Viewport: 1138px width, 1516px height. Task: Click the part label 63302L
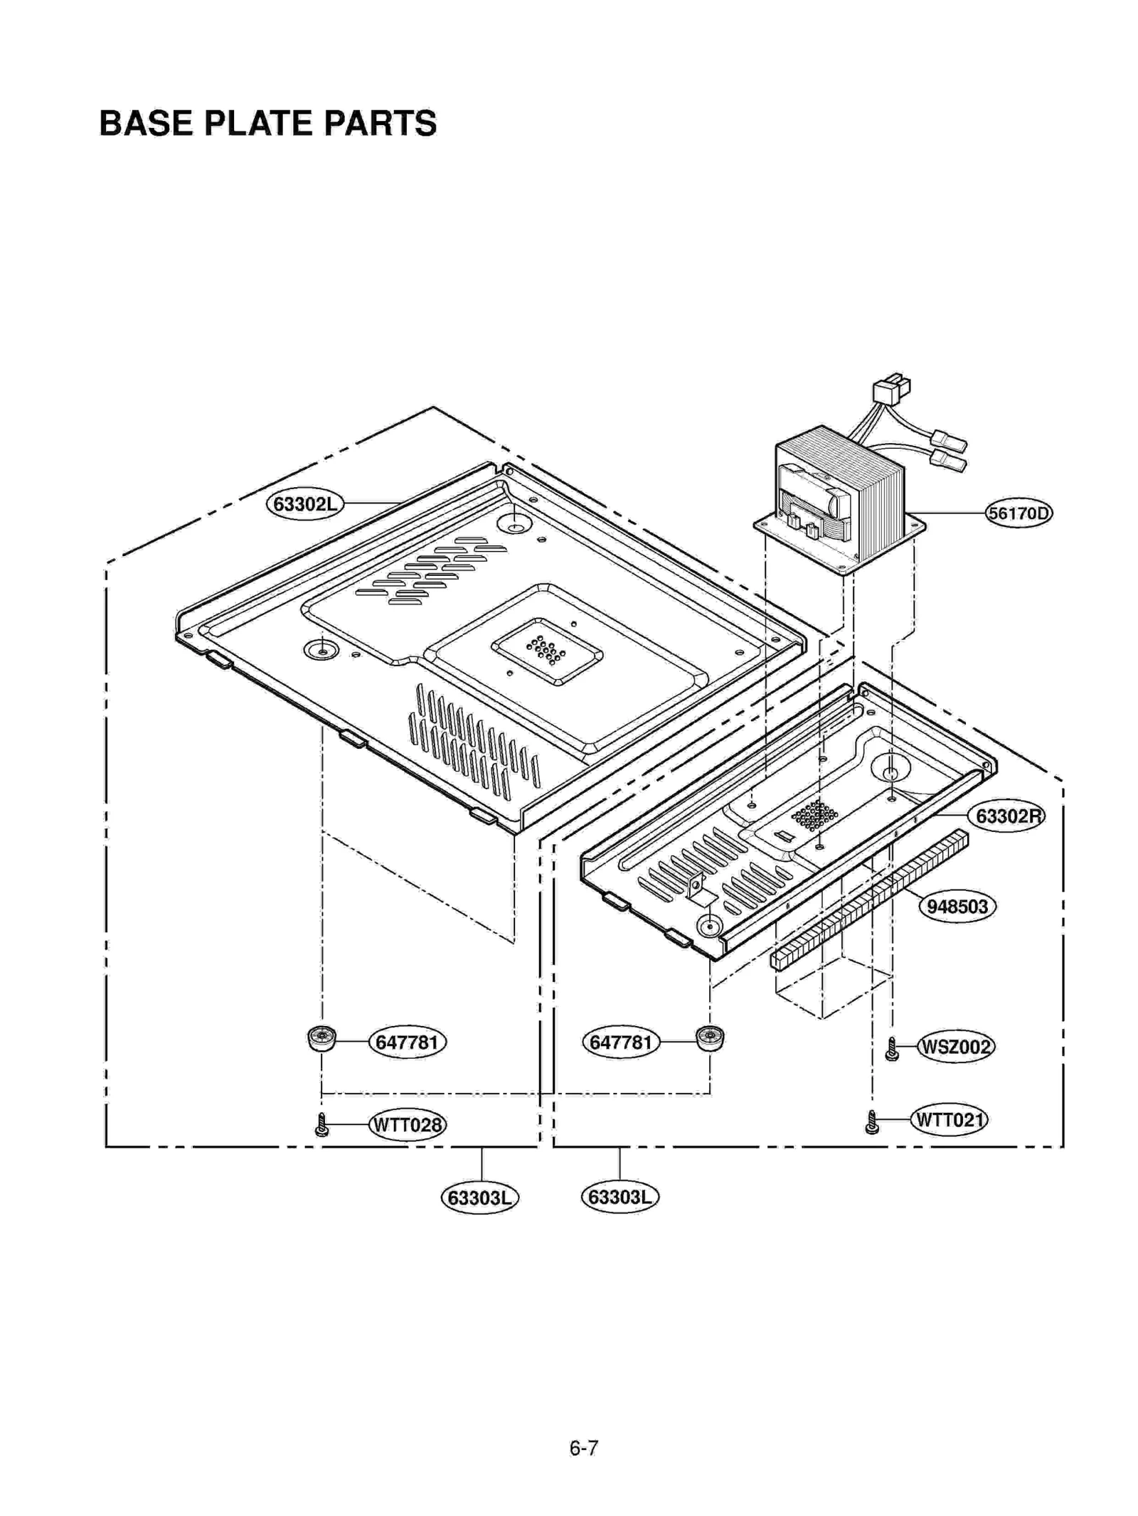tap(304, 504)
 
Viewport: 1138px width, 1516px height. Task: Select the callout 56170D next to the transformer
tap(1018, 513)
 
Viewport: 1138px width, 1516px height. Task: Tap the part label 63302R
tap(1008, 816)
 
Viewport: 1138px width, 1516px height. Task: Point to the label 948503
tap(957, 907)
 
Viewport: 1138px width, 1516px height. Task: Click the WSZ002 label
tap(954, 1047)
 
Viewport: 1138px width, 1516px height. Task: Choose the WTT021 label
tap(949, 1120)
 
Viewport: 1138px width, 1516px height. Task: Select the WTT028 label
tap(408, 1125)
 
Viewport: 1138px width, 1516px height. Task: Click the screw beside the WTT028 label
tap(321, 1125)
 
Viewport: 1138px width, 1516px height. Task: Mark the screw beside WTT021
tap(872, 1122)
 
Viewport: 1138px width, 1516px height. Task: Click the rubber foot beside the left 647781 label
tap(322, 1039)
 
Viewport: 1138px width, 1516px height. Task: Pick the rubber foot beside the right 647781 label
tap(709, 1039)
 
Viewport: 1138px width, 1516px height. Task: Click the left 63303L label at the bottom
tap(480, 1198)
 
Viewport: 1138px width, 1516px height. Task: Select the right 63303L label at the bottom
tap(619, 1197)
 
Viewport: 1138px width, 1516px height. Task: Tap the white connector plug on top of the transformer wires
tap(890, 390)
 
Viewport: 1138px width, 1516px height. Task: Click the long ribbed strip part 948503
tap(869, 900)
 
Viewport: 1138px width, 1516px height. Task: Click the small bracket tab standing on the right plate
tap(696, 883)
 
